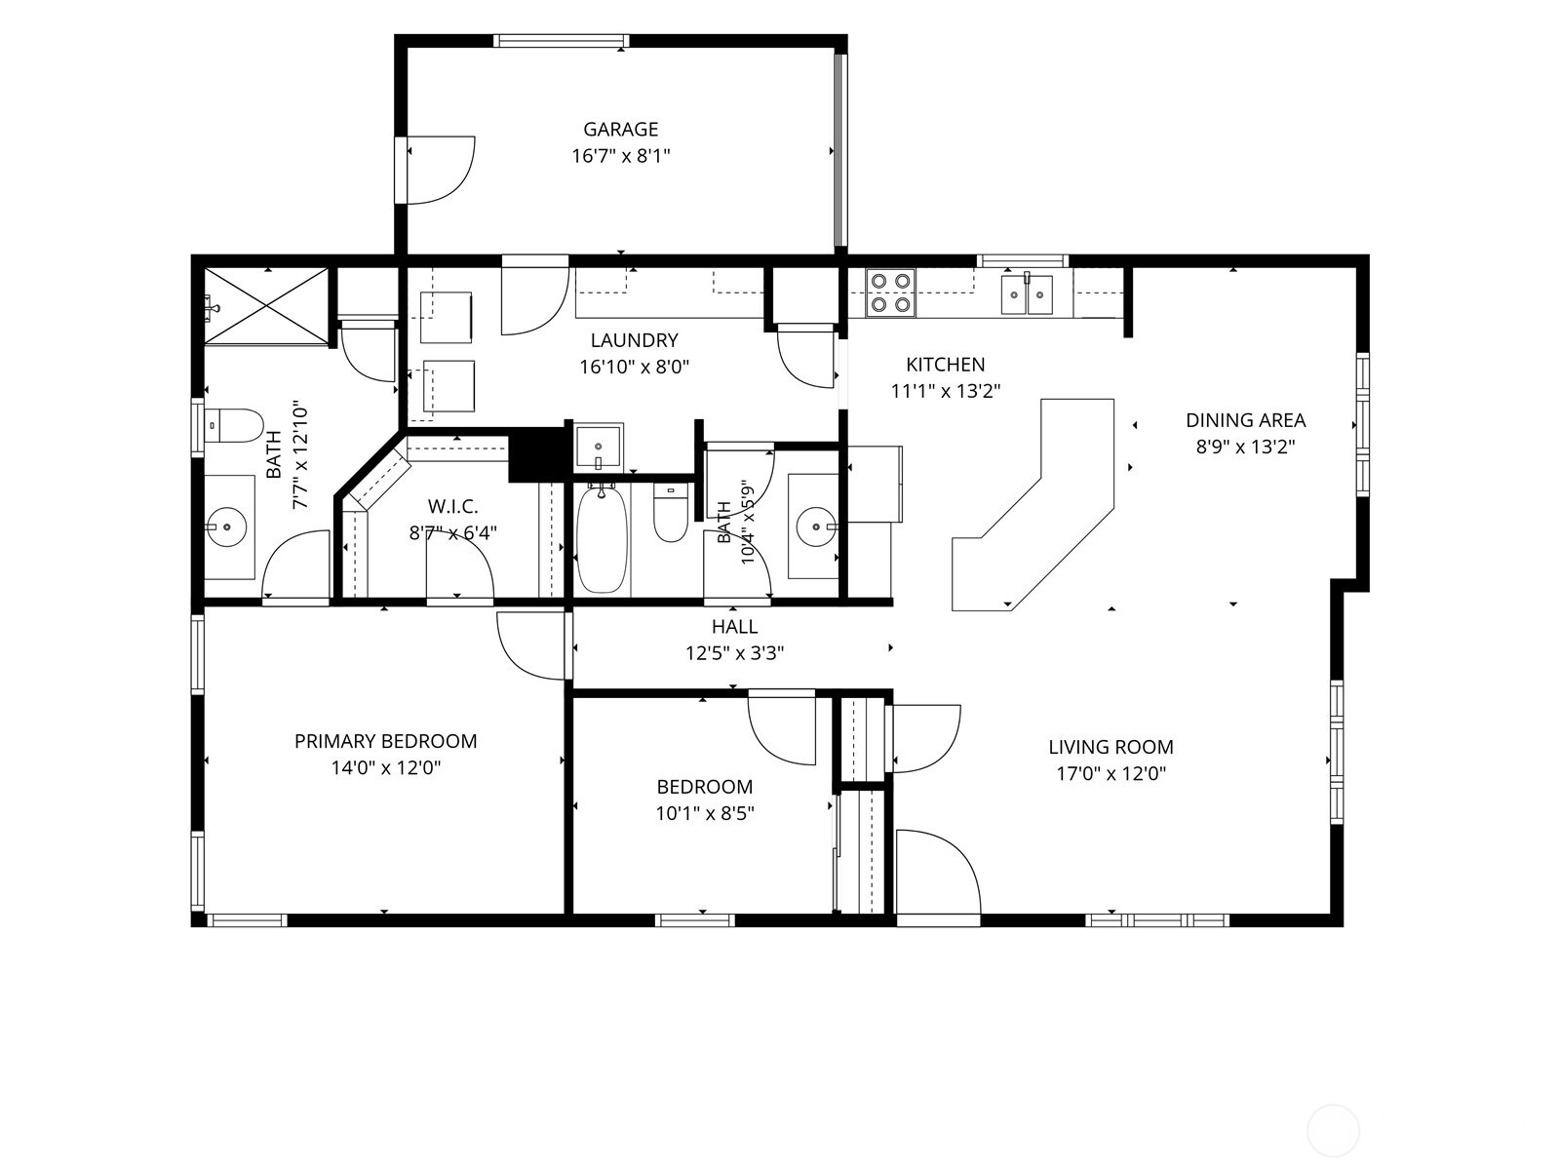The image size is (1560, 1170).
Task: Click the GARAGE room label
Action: coord(620,130)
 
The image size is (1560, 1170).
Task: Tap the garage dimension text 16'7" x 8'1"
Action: coord(621,156)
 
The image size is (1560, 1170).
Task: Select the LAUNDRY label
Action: coord(634,340)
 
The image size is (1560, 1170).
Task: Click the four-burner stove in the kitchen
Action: coord(890,292)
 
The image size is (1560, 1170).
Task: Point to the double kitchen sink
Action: coord(1027,293)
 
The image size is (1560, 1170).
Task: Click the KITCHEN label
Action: coord(945,365)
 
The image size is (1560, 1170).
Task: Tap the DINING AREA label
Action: coord(1245,420)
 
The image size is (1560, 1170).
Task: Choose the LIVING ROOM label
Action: coord(1111,747)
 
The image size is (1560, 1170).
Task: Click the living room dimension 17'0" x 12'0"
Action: coord(1111,773)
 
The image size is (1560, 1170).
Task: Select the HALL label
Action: coord(735,627)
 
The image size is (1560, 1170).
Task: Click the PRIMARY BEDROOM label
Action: coord(385,741)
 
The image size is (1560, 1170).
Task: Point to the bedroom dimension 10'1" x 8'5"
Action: coord(704,813)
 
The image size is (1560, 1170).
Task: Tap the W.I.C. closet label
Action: coord(452,506)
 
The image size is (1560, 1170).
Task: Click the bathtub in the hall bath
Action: coord(602,538)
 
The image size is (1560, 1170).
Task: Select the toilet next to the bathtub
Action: coord(670,512)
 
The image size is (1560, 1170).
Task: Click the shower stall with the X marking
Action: coord(266,305)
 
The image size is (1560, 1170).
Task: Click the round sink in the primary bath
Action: coord(227,527)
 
